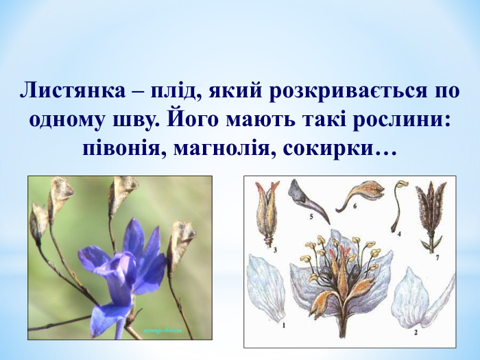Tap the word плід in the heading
[x=156, y=92]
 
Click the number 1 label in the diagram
[x=283, y=326]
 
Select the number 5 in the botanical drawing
[x=310, y=216]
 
